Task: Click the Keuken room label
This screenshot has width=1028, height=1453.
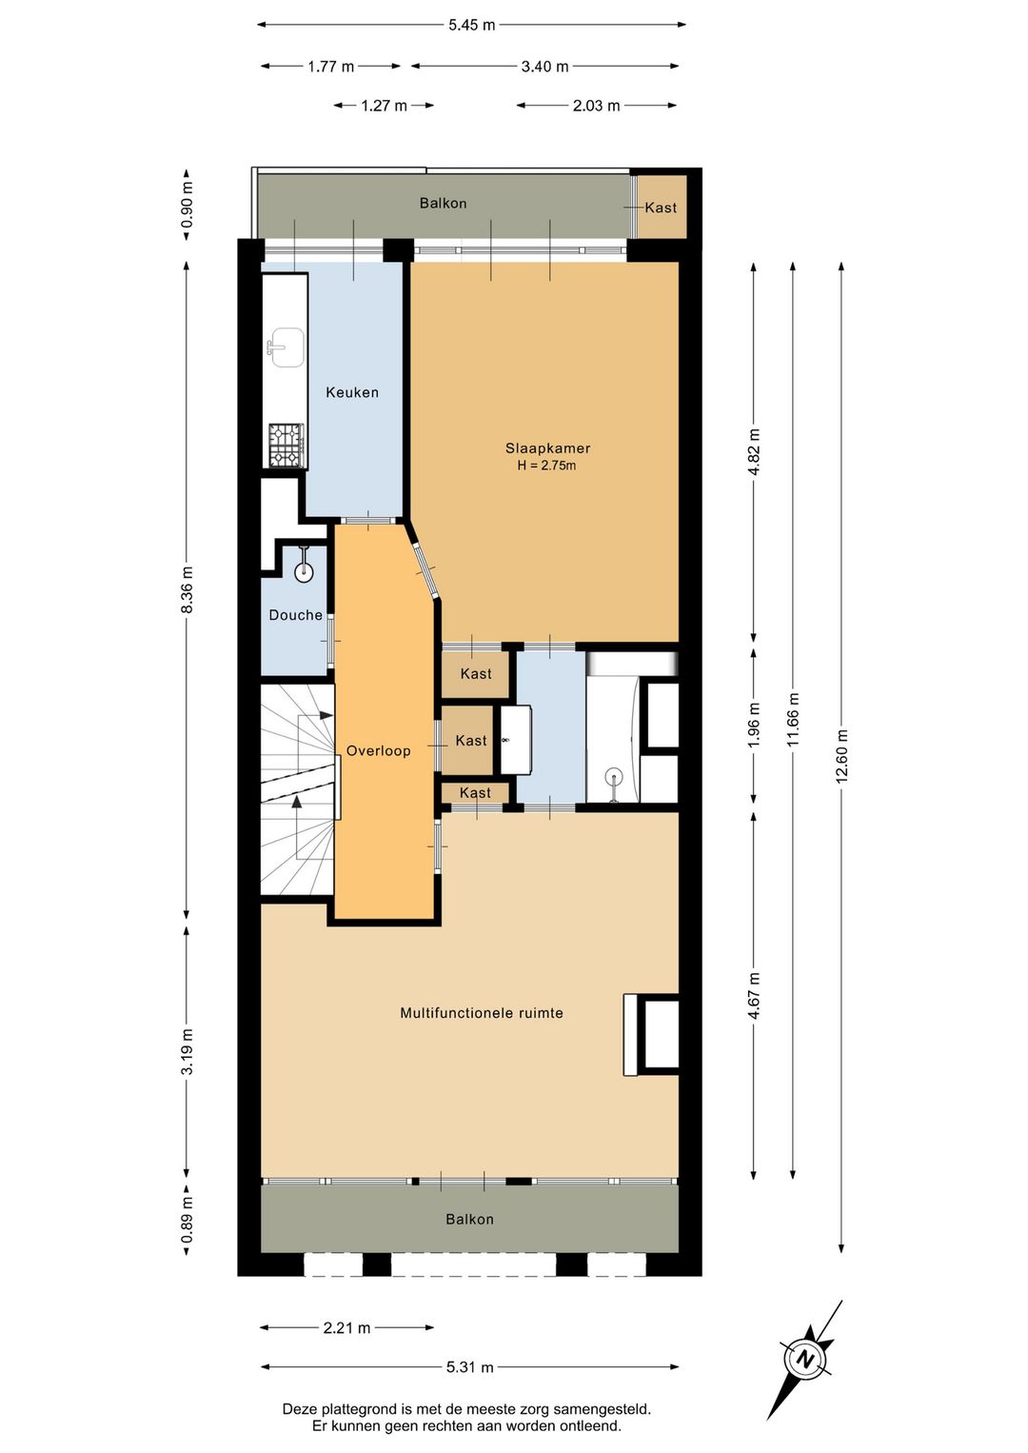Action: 352,392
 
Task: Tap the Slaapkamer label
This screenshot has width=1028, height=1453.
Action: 548,448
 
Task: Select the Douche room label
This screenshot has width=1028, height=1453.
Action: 296,615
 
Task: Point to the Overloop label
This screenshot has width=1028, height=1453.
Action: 378,751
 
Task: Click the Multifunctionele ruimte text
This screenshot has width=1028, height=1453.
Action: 482,1013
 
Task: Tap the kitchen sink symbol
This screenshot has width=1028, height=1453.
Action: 286,347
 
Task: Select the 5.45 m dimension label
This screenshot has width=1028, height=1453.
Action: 471,26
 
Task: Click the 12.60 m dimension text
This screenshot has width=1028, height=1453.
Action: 841,756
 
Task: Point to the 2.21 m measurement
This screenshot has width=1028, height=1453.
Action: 347,1328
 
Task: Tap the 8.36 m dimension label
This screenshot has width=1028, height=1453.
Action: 187,589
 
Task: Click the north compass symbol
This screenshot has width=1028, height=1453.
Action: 806,1359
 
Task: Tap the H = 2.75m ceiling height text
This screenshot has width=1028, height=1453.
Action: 546,466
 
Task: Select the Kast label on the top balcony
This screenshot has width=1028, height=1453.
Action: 661,208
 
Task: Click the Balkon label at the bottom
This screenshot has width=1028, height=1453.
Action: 469,1220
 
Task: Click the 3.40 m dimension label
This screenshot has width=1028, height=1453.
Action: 544,66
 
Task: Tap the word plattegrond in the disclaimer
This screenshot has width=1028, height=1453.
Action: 349,1409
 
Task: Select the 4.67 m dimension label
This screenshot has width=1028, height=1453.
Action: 754,996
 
